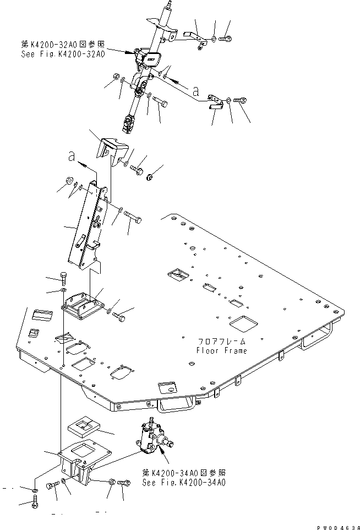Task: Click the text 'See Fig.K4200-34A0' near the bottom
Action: point(183,483)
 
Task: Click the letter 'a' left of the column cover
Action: point(71,158)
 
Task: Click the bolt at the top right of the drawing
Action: point(226,39)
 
